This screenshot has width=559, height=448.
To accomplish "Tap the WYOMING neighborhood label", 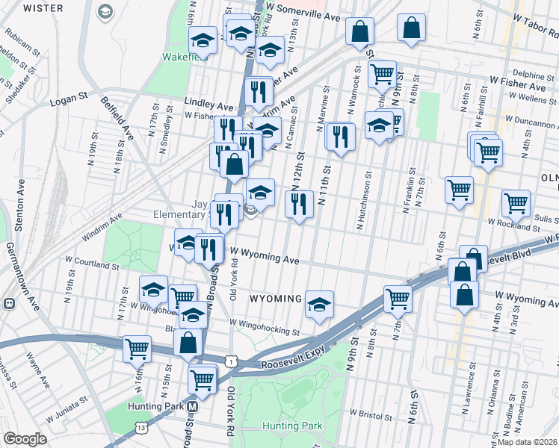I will pyautogui.click(x=274, y=299).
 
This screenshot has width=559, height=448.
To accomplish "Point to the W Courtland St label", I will pyautogui.click(x=92, y=265).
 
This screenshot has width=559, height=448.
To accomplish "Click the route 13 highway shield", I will pyautogui.click(x=140, y=426).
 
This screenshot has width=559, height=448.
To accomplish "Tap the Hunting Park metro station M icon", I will pyautogui.click(x=193, y=407).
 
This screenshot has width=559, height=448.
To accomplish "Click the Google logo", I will pyautogui.click(x=25, y=439).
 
